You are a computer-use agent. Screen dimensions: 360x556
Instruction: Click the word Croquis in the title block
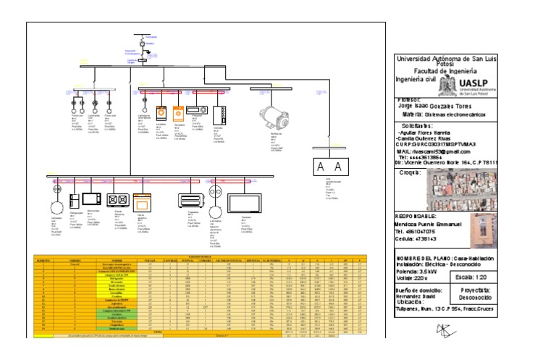(411, 172)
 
